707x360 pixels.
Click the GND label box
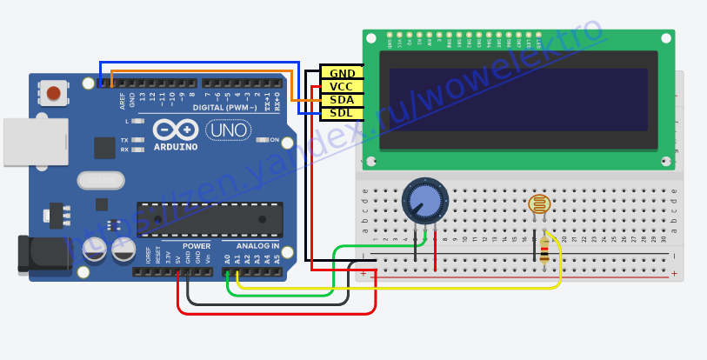tap(342, 73)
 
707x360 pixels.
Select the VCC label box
tap(342, 86)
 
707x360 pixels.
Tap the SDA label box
tap(342, 100)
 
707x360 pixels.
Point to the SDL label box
tap(342, 113)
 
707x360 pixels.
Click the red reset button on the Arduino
tap(54, 93)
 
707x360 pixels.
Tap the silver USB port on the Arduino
tap(36, 142)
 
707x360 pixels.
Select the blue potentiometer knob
tap(425, 201)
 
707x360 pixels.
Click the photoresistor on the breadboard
tap(539, 204)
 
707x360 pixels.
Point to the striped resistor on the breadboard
tap(544, 250)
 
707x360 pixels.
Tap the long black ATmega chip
tap(210, 219)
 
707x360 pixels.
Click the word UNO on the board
tap(229, 130)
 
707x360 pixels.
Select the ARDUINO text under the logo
tap(176, 147)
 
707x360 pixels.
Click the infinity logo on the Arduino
tap(176, 130)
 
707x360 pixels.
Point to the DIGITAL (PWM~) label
tap(225, 108)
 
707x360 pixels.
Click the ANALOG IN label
tap(258, 246)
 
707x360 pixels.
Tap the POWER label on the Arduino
tap(197, 246)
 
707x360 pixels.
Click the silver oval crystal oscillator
tap(101, 180)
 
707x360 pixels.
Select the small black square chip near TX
tap(104, 148)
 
